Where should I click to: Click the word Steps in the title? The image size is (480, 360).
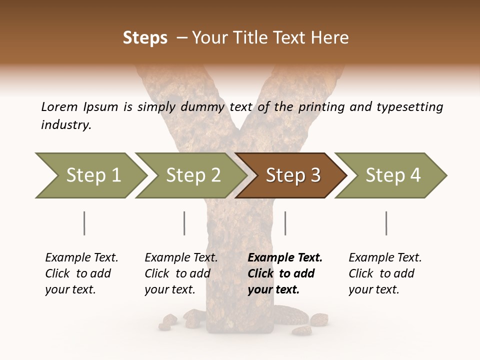point(145,38)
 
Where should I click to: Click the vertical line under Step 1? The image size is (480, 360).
point(84,223)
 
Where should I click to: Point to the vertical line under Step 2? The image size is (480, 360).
point(184,223)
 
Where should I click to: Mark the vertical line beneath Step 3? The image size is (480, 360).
point(285,223)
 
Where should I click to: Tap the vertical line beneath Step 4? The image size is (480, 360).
point(386,223)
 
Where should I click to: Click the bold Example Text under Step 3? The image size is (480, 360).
point(285,258)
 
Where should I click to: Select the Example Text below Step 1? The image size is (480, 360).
point(81,258)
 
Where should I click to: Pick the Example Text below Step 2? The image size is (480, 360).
point(181,258)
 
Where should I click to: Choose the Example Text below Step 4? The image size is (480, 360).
point(385,258)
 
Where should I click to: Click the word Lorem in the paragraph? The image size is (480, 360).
point(59,107)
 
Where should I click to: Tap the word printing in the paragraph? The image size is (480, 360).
point(322,107)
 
